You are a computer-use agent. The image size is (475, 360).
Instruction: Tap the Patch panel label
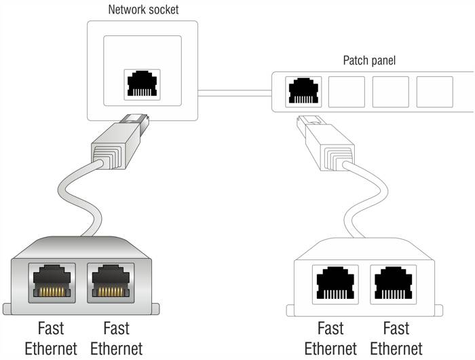click(x=369, y=60)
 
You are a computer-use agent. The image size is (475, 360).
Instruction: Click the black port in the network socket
click(x=141, y=84)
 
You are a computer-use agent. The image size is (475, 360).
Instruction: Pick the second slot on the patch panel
click(x=346, y=92)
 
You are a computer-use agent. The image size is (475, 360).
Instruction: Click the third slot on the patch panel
click(x=390, y=92)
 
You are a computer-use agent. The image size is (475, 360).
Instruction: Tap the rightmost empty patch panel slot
click(x=434, y=92)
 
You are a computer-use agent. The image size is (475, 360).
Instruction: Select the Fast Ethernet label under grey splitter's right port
click(x=116, y=339)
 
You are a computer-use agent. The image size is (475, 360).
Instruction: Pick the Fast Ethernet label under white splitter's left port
click(x=330, y=339)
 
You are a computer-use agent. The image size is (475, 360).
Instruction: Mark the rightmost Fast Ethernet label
click(x=396, y=339)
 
